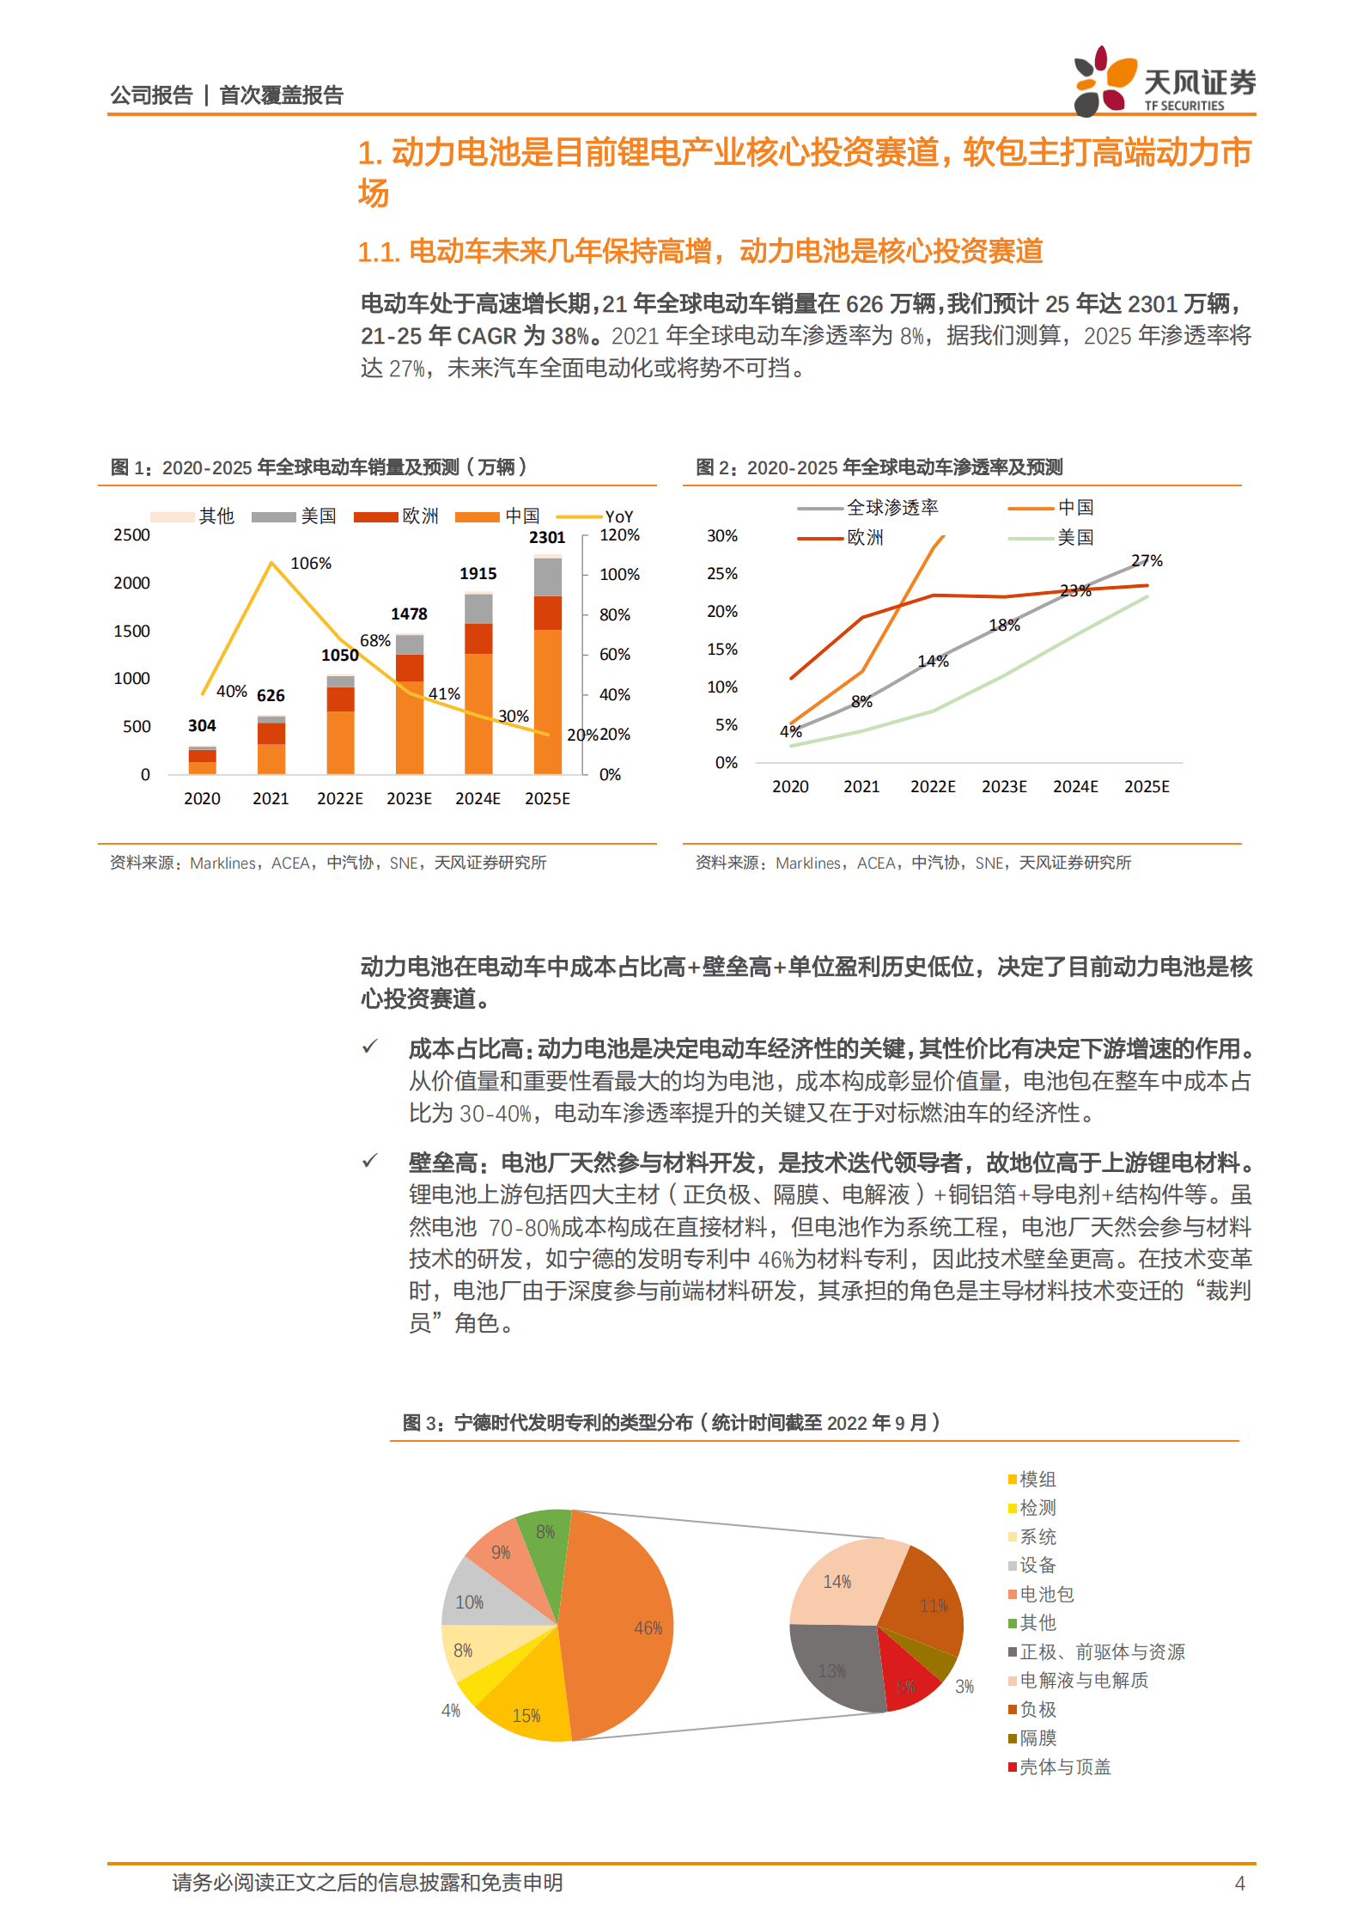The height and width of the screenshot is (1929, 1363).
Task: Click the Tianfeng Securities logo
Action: [x=1163, y=81]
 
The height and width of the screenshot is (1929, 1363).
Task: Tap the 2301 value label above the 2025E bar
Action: [x=547, y=537]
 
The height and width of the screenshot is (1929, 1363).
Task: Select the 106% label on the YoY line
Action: [x=311, y=563]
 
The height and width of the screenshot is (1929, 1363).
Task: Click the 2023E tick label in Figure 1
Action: [x=409, y=798]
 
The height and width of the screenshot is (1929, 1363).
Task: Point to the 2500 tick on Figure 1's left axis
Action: [x=131, y=534]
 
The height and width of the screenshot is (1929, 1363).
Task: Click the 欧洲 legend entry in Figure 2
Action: [x=864, y=538]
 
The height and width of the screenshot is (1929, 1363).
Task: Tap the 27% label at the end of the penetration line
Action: [x=1147, y=560]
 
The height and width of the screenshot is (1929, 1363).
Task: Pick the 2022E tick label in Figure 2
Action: [x=933, y=786]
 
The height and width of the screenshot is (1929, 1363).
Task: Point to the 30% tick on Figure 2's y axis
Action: [x=721, y=535]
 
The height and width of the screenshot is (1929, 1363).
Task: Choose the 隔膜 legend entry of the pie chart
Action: [x=1037, y=1737]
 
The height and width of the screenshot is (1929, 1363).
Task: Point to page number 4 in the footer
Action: [x=1239, y=1883]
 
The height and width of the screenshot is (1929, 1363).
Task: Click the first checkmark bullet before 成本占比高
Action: [x=370, y=1047]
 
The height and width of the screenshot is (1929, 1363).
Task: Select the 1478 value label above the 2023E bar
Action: [x=409, y=613]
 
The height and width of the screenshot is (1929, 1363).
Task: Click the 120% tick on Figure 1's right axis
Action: [x=619, y=534]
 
